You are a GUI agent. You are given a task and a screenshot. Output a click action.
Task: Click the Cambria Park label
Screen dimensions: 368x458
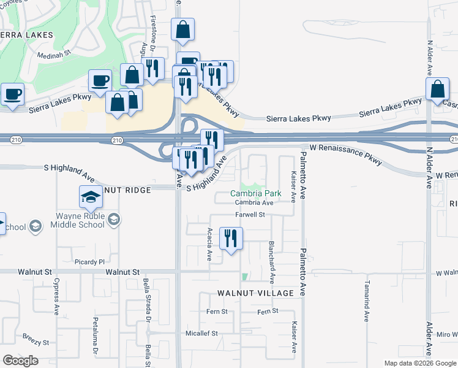pyautogui.click(x=255, y=193)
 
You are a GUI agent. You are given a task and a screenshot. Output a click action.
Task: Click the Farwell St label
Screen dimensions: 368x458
pyautogui.click(x=250, y=215)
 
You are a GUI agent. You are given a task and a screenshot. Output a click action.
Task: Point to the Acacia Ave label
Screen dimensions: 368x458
pyautogui.click(x=209, y=244)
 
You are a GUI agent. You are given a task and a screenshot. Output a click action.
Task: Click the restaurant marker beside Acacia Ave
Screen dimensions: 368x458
pyautogui.click(x=231, y=238)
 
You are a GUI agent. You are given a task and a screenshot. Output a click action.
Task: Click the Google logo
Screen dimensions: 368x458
pyautogui.click(x=20, y=361)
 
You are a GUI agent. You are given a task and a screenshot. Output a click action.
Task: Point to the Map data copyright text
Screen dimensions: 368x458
pyautogui.click(x=419, y=364)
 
